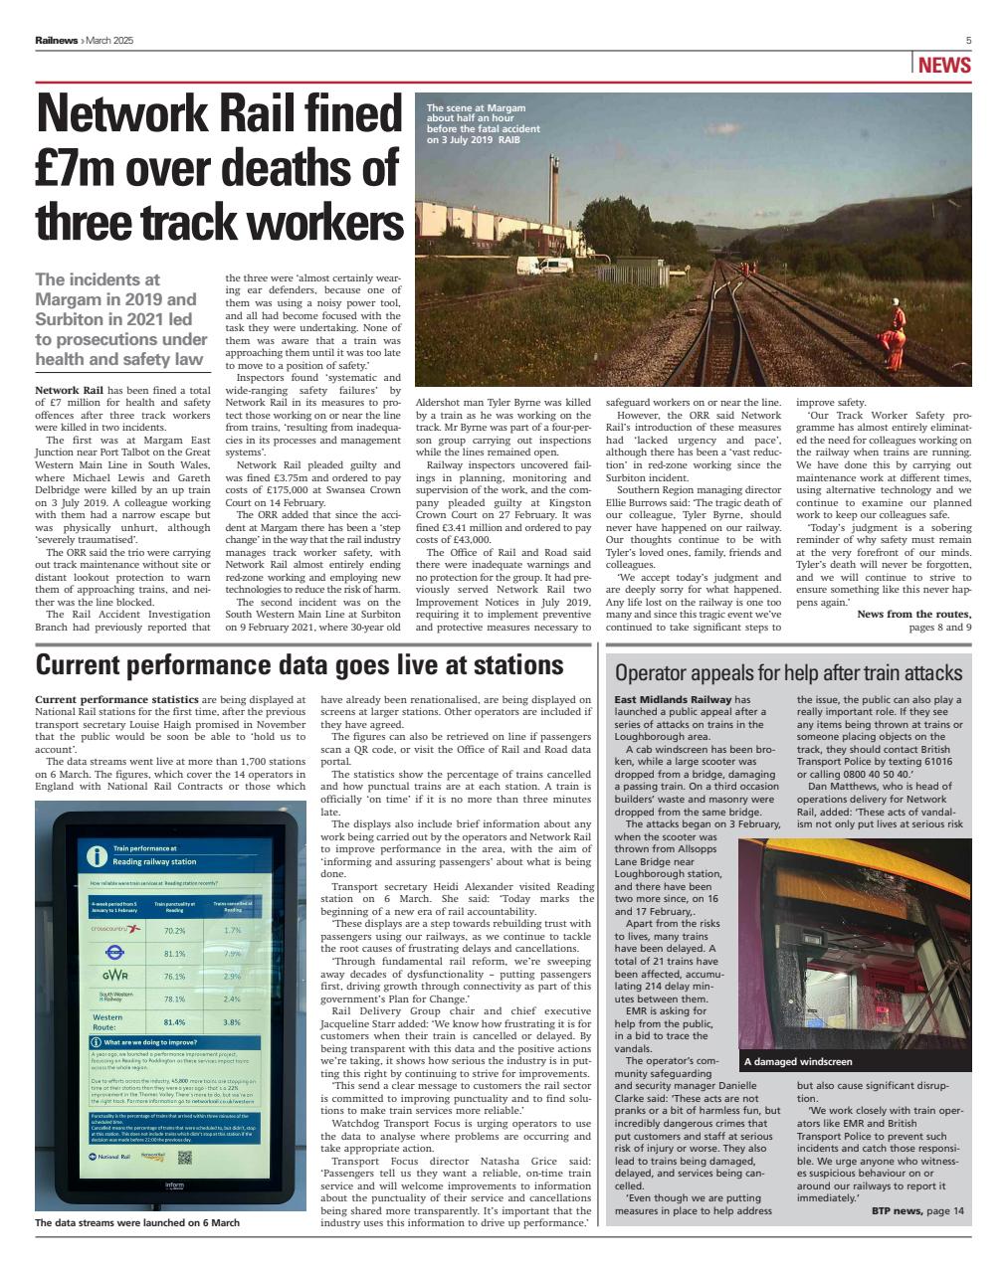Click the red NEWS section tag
943,67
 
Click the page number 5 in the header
968,40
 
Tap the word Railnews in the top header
57,40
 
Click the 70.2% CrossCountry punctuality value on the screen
174,930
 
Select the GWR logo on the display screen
115,976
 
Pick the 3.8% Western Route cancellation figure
232,1021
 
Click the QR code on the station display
184,1158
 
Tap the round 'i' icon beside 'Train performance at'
97,854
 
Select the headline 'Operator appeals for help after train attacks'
788,672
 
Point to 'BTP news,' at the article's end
895,1210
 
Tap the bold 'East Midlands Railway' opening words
673,700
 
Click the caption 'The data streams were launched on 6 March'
137,1222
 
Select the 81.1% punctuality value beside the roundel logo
174,953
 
